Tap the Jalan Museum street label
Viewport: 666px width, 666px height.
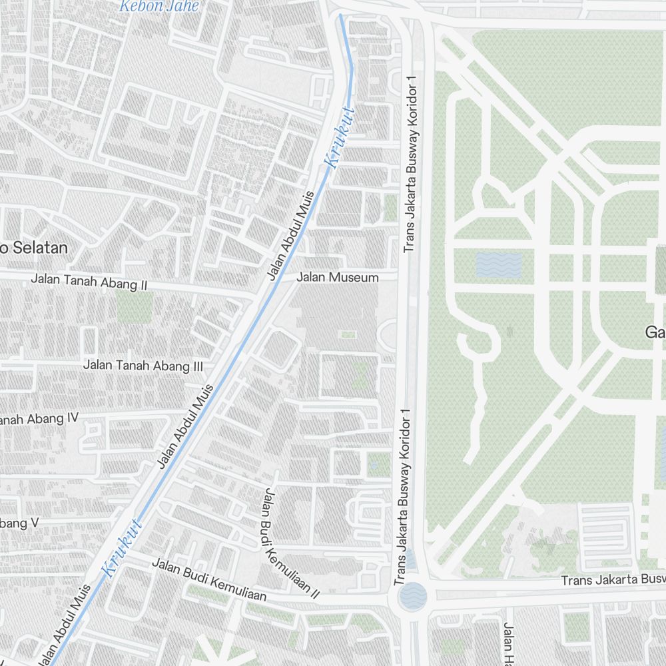tap(338, 277)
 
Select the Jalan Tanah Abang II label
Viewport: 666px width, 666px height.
tap(89, 282)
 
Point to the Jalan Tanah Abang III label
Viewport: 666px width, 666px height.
tap(143, 365)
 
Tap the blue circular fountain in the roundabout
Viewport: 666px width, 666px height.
tap(413, 595)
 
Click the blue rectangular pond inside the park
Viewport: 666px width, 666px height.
tap(499, 265)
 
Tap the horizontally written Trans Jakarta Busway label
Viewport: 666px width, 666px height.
tap(613, 580)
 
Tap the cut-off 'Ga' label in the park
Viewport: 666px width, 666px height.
tap(655, 332)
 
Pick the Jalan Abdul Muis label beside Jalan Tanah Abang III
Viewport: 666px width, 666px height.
tap(186, 426)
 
